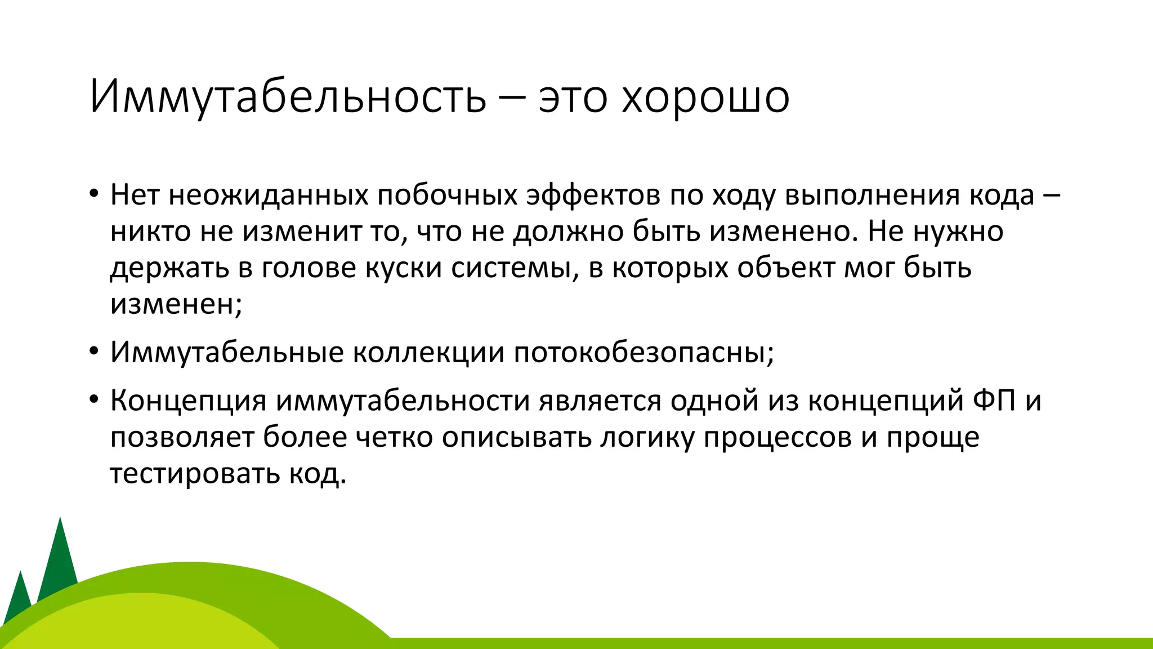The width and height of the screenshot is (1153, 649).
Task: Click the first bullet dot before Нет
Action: pos(93,195)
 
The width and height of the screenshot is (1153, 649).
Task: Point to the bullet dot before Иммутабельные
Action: pos(93,353)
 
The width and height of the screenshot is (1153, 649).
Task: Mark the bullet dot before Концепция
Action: pos(93,401)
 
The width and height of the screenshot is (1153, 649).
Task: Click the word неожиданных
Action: pos(268,195)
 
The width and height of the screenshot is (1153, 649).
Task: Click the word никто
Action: pos(151,232)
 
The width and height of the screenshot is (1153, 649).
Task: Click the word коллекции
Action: pos(428,353)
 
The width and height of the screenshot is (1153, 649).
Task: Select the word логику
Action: pos(647,437)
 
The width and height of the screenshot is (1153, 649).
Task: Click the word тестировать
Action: pos(194,473)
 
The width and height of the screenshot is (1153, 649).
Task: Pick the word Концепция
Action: pos(188,401)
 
